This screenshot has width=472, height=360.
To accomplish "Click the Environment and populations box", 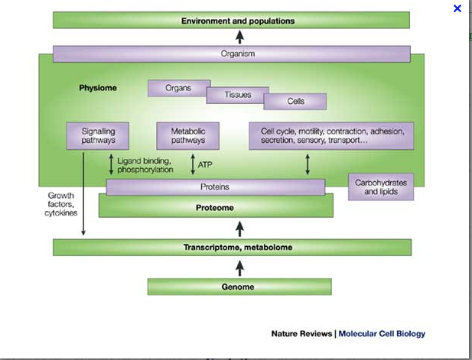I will (238, 21).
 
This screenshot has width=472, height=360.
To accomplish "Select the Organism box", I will (238, 54).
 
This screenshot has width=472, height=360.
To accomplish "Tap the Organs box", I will (178, 88).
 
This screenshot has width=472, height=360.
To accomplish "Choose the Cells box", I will (295, 101).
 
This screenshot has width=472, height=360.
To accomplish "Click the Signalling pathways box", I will (98, 136).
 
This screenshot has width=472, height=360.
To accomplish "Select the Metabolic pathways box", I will (187, 136).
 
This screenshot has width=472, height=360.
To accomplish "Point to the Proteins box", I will (215, 186).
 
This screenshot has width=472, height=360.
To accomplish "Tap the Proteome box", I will (216, 207).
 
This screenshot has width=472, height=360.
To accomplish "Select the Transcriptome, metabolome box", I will (238, 248).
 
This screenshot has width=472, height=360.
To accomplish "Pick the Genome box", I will (239, 287).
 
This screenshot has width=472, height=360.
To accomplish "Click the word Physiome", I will (98, 88).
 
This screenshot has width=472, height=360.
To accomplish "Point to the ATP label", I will (205, 164).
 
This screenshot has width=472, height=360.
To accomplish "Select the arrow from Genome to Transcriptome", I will (239, 268).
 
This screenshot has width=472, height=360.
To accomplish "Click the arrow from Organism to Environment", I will (239, 37).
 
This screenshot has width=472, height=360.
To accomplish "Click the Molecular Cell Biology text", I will (382, 333).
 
